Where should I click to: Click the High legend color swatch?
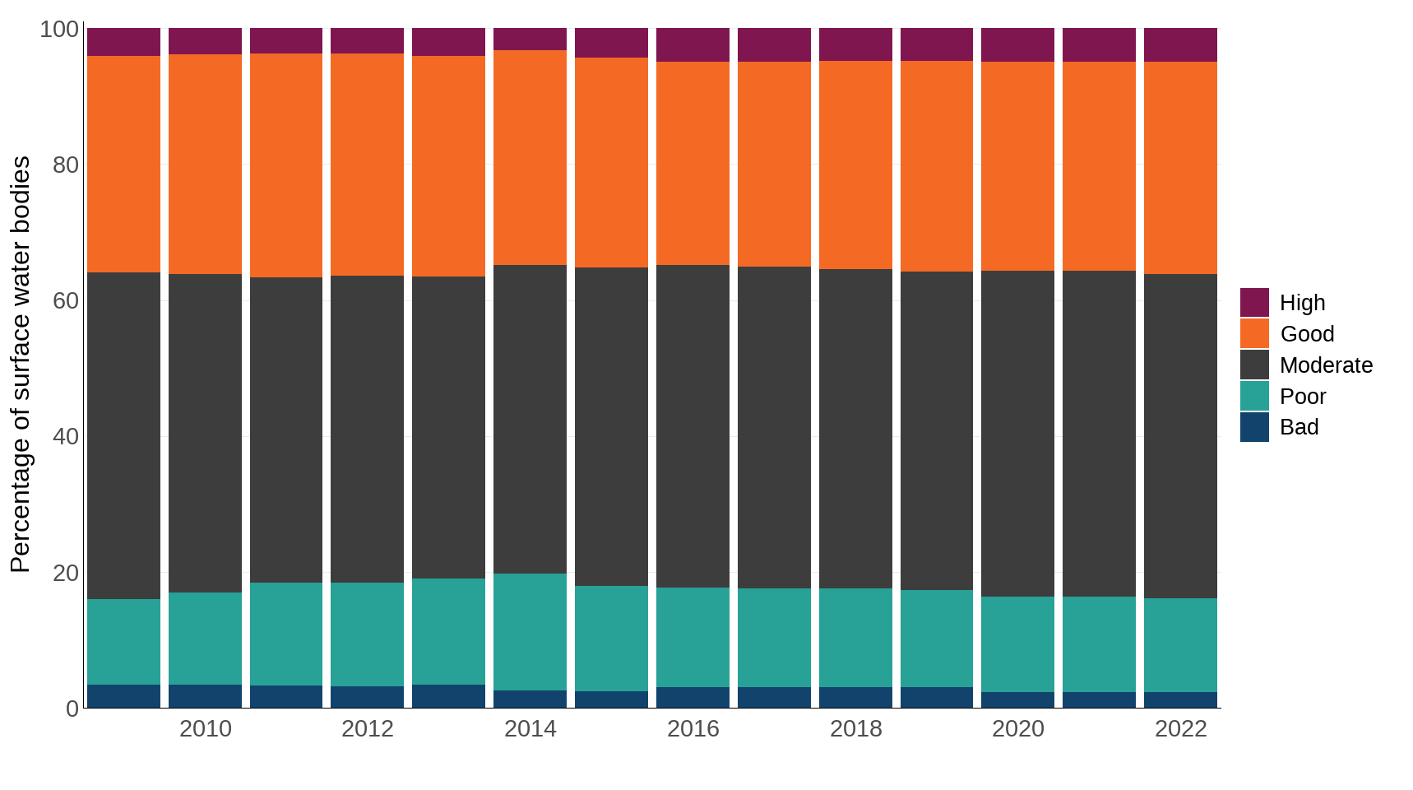click(1254, 302)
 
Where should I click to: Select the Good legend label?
click(1307, 334)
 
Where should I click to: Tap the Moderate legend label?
click(1326, 365)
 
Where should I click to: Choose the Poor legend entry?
click(1303, 397)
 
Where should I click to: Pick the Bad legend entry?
click(1299, 427)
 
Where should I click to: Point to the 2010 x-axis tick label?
click(205, 729)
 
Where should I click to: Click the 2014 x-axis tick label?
click(530, 729)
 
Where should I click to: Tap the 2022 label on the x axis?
click(1180, 729)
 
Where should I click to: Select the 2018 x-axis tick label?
click(855, 729)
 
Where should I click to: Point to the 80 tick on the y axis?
click(66, 165)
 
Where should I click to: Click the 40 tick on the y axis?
click(66, 436)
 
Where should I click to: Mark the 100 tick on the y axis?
click(59, 29)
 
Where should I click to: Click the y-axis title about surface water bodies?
click(20, 364)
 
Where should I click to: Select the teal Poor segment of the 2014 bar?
click(530, 631)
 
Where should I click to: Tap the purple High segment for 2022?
click(1180, 44)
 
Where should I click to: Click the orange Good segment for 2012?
click(367, 165)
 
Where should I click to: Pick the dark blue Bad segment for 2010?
click(205, 696)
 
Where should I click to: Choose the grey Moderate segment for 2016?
click(693, 425)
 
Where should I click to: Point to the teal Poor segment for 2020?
click(1017, 644)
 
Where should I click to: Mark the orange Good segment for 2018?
click(855, 165)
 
